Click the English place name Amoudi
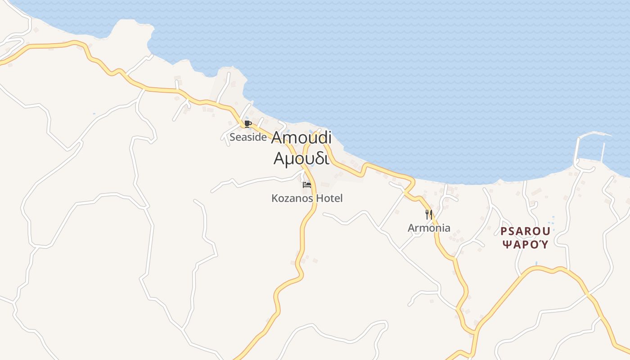tap(301, 138)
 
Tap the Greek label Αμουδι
tap(301, 158)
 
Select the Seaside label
tap(248, 137)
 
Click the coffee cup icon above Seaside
tap(247, 124)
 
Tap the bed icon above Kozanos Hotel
tap(307, 184)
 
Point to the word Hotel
tap(329, 198)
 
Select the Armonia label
tap(429, 228)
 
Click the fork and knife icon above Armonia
tap(429, 214)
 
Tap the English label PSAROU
tap(526, 231)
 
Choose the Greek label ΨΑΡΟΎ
tap(526, 245)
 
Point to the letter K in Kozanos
tap(275, 198)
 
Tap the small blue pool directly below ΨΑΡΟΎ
tap(536, 263)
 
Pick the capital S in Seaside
tap(233, 137)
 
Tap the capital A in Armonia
tap(411, 228)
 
